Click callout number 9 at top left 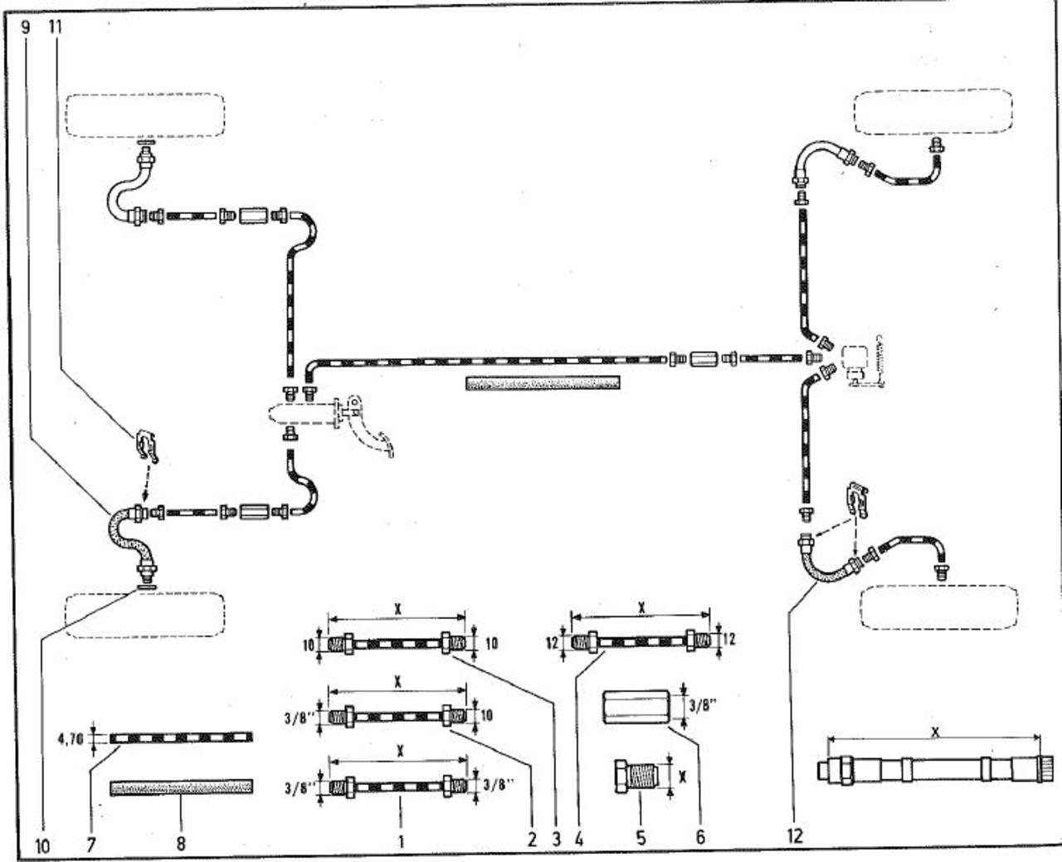pyautogui.click(x=25, y=26)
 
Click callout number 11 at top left pyautogui.click(x=56, y=26)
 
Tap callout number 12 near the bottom pyautogui.click(x=795, y=835)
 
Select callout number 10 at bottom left pyautogui.click(x=43, y=845)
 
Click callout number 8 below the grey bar pyautogui.click(x=180, y=845)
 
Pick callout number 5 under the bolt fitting pyautogui.click(x=641, y=838)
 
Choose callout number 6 pyautogui.click(x=700, y=838)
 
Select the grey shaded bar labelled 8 pyautogui.click(x=181, y=786)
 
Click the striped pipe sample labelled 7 pyautogui.click(x=181, y=737)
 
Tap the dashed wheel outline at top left pyautogui.click(x=145, y=114)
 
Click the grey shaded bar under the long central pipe pyautogui.click(x=543, y=382)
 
